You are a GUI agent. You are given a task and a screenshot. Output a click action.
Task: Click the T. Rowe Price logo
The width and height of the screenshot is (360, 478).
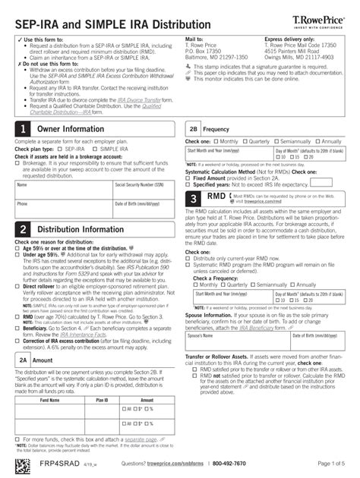320,17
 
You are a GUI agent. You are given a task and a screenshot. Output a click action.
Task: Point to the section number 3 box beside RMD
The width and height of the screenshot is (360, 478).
194,200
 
